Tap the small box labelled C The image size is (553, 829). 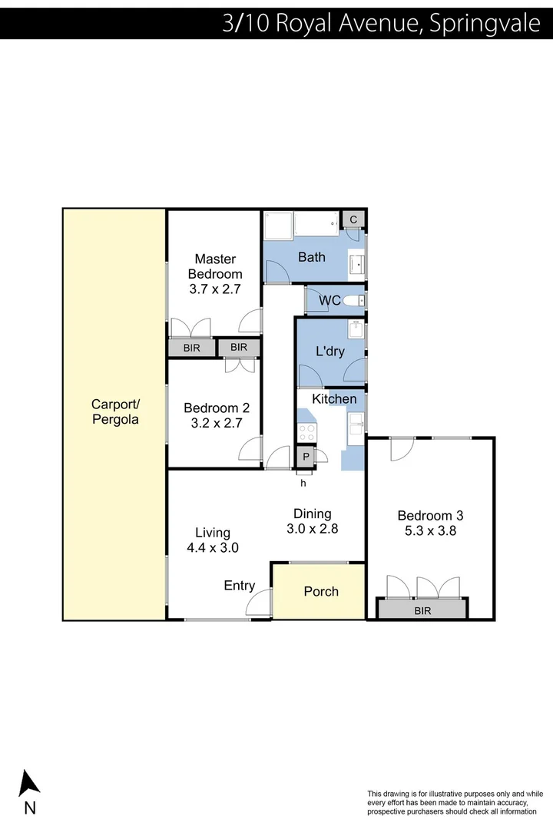point(353,220)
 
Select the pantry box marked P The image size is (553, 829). point(306,457)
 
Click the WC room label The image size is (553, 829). point(330,300)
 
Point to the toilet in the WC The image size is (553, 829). point(354,300)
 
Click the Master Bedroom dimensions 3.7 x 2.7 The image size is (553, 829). point(216,289)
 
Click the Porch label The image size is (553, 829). point(321,591)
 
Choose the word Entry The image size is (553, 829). point(239,586)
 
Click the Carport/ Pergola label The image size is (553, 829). point(115,412)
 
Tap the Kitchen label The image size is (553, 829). point(333,399)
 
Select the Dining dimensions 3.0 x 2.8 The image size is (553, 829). point(312,529)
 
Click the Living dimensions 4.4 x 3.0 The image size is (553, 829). point(213,548)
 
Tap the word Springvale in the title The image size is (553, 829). point(485,23)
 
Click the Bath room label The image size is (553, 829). point(312,257)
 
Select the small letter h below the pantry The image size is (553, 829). point(303,483)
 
